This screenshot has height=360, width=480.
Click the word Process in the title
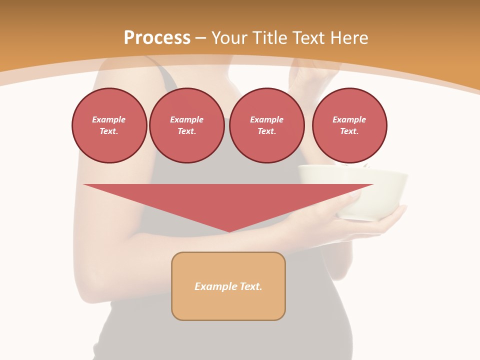point(157,38)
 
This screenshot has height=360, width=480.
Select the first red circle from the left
point(109,125)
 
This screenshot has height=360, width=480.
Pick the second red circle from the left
point(186,125)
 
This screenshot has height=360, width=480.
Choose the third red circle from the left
point(266,125)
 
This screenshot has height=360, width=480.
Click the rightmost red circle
point(349,125)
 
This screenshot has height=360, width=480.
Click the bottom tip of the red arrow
point(228,230)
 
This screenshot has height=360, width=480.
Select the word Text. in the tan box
point(251,286)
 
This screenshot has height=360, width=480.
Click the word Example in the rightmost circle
point(349,119)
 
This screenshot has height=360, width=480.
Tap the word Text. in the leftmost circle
point(109,131)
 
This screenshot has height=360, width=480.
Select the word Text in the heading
point(308,38)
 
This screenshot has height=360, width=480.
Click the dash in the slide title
point(201,38)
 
